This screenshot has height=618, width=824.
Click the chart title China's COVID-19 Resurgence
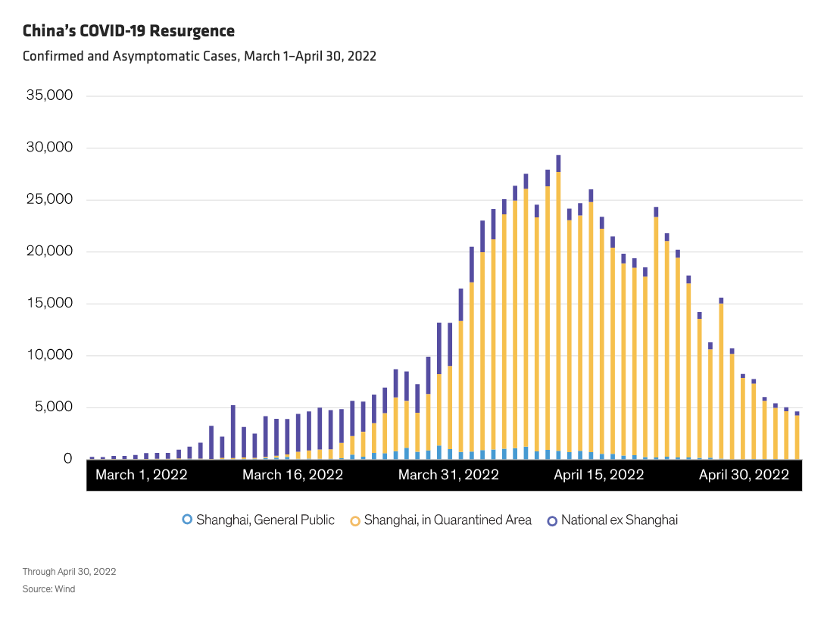129,31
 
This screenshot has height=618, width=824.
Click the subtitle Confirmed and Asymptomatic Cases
199,56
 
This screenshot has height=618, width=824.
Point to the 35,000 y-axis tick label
49,96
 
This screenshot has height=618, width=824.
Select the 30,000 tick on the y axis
49,148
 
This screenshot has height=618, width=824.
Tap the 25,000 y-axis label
49,200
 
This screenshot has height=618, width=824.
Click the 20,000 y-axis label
49,251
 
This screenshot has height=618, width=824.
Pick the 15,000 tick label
49,304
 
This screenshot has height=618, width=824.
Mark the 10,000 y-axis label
49,355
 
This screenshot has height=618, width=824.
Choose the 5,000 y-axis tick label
53,407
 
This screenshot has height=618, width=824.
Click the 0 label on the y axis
68,459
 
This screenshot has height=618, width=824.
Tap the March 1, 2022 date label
142,475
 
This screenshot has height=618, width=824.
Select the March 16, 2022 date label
292,475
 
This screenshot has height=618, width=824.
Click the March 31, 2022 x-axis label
448,475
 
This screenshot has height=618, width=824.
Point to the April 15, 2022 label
598,475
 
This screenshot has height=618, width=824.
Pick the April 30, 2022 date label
744,475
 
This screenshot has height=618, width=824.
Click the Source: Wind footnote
48,588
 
